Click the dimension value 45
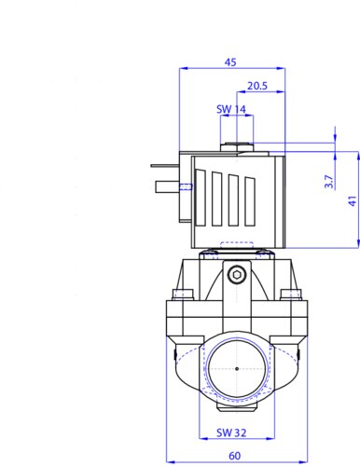230,62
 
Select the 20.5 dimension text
257,86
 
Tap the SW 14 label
231,109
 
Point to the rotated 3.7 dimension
328,182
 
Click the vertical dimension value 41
353,200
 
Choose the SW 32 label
231,432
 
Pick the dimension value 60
235,456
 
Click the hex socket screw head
237,274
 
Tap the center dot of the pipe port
237,369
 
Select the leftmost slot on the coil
201,198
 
